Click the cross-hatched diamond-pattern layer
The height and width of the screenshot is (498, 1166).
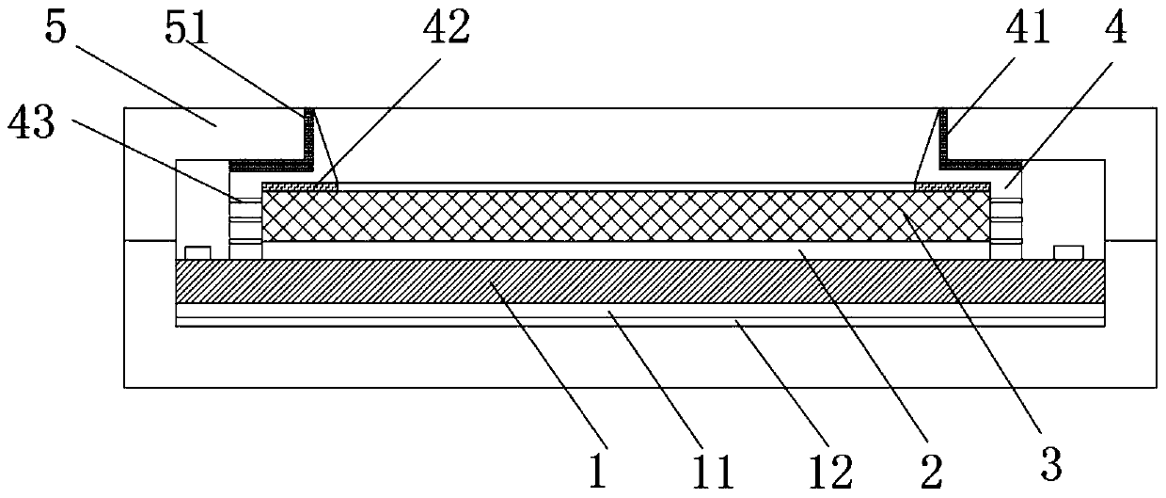(x=621, y=216)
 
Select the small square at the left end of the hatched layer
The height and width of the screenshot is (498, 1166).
(x=197, y=253)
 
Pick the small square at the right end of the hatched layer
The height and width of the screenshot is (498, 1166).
(x=1067, y=253)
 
